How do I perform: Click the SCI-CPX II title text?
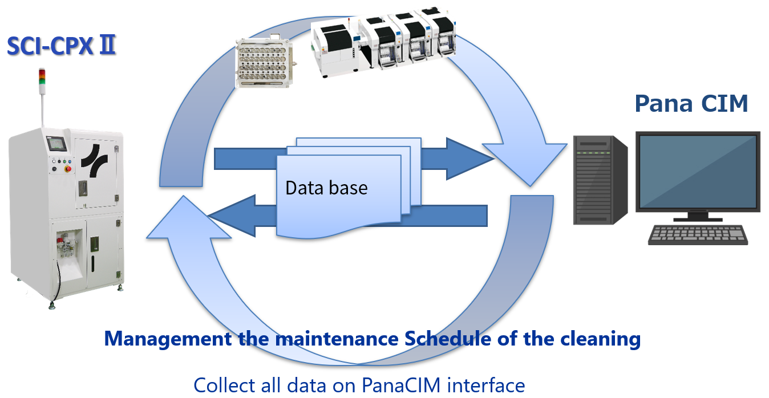[62, 46]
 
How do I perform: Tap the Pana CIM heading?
[691, 104]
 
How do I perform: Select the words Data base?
[326, 188]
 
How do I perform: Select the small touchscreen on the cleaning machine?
[57, 145]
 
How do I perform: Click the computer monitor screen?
[698, 171]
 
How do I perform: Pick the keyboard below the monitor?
[698, 234]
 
